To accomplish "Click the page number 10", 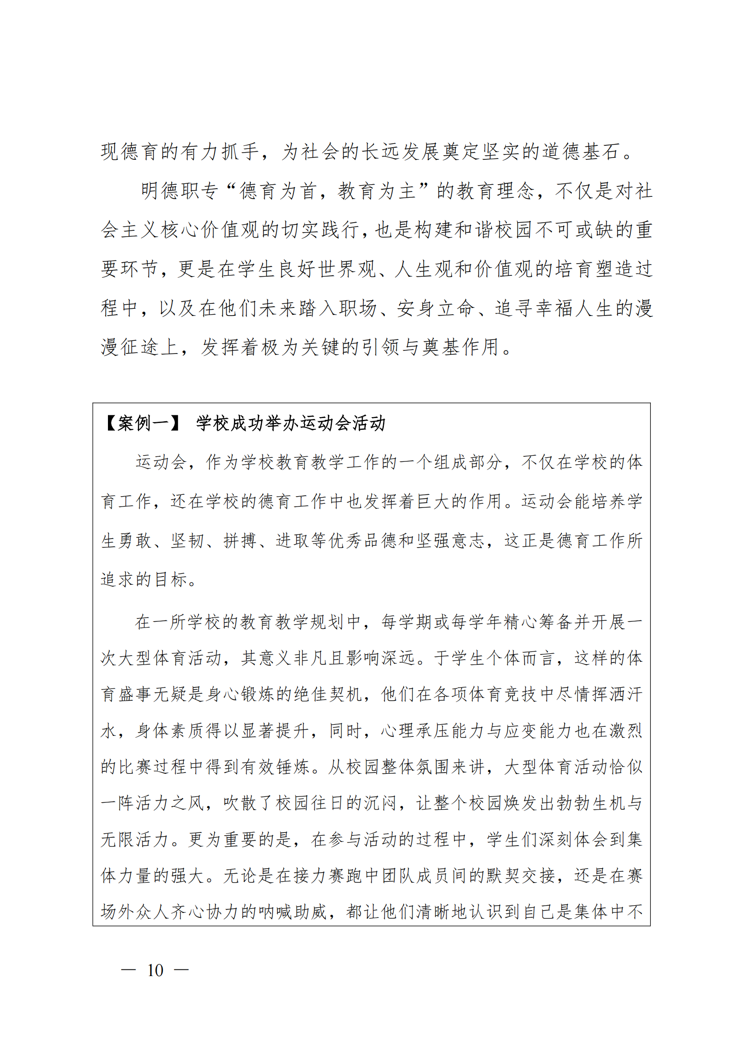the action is pyautogui.click(x=155, y=971).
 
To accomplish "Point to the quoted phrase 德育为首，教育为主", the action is pyautogui.click(x=328, y=191).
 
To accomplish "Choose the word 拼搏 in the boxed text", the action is pyautogui.click(x=240, y=541).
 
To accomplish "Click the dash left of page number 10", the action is pyautogui.click(x=128, y=971).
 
